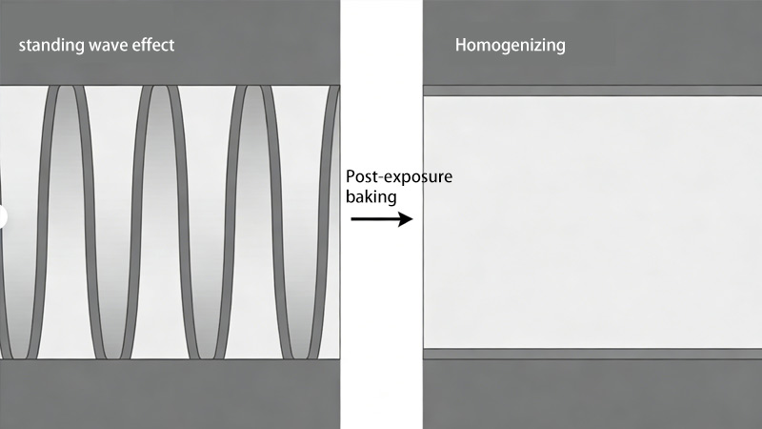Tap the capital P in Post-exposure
click(x=351, y=177)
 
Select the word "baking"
click(x=370, y=197)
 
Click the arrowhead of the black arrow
click(x=406, y=219)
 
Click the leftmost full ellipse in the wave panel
click(x=66, y=221)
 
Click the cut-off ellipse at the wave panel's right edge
click(x=332, y=221)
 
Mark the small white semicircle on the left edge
click(x=3, y=216)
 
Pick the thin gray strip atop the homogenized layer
click(x=592, y=92)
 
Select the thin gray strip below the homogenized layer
click(x=592, y=354)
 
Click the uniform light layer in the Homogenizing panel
click(x=592, y=222)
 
